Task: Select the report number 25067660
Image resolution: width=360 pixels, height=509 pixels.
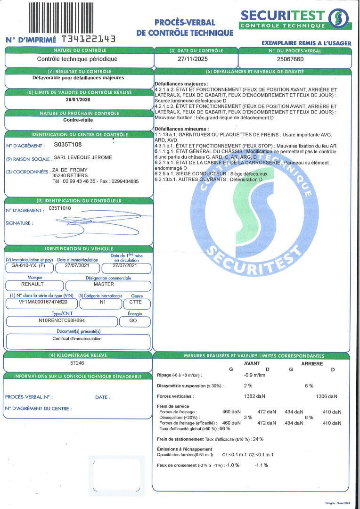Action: pos(290,59)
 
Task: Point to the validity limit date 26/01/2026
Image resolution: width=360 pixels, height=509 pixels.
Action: pos(78,100)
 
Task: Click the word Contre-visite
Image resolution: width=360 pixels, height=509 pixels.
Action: pos(78,120)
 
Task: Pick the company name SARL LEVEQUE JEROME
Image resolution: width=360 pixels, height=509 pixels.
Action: pos(82,157)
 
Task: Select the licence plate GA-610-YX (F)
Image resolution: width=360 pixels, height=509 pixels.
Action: pos(28,265)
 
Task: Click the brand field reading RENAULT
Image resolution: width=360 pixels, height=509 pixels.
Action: pos(33,284)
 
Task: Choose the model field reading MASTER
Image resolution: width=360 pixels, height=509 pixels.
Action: pos(104,284)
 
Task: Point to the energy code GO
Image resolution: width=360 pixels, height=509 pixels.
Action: pos(135,320)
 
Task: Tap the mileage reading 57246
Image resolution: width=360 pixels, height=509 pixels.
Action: pos(78,364)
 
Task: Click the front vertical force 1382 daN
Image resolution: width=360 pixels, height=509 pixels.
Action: pos(254,397)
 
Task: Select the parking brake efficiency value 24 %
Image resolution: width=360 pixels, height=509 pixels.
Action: pos(258,439)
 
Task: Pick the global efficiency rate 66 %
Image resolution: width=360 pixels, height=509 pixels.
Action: pos(225,428)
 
